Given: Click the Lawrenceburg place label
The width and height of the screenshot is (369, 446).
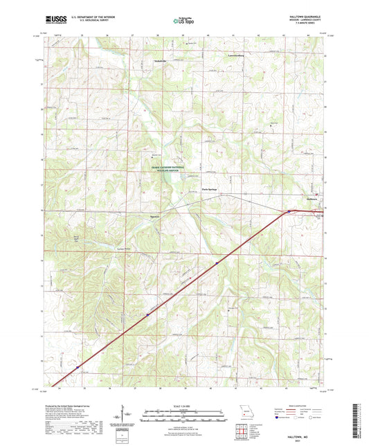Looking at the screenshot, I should click(237, 54).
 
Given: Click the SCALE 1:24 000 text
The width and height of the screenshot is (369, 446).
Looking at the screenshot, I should click(184, 405).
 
